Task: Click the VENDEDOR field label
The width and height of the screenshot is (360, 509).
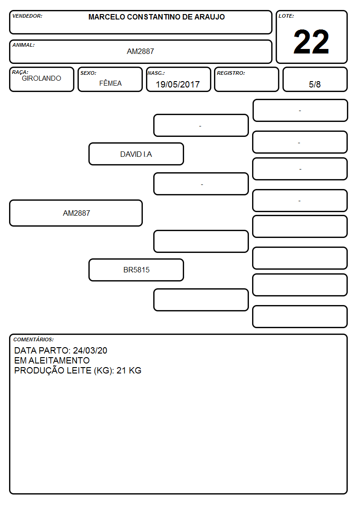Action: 27,16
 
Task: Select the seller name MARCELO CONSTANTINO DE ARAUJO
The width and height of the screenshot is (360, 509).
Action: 156,17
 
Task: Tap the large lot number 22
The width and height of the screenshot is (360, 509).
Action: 311,42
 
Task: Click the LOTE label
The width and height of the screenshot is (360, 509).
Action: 286,16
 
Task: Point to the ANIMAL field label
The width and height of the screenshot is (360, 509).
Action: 24,45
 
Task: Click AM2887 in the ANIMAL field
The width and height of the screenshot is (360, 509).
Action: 140,51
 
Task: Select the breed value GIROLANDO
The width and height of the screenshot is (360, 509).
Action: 41,78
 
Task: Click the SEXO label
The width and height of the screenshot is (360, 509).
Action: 88,73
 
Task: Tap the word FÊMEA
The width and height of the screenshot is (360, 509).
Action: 110,83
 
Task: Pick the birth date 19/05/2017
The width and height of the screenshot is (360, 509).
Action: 178,84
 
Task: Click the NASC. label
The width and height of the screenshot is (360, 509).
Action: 156,73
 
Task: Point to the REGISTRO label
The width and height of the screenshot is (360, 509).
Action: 231,73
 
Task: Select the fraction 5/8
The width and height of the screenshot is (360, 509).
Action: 315,84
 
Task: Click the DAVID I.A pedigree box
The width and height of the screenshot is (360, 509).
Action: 136,154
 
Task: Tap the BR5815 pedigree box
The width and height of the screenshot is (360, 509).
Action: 136,270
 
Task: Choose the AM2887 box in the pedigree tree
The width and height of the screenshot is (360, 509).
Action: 76,213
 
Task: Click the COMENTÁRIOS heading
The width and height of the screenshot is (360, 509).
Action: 34,339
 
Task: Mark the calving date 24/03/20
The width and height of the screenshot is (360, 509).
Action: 90,350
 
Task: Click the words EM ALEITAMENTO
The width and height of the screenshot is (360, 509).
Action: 52,360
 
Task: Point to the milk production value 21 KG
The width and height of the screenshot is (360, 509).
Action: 129,370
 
